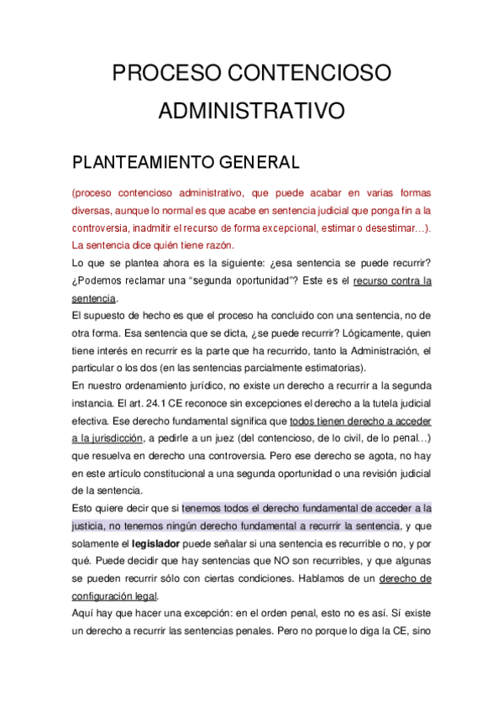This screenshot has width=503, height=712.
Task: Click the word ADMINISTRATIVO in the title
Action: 252,112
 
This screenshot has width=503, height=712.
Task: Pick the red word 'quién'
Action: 160,245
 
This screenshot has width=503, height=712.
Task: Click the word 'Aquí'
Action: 85,613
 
